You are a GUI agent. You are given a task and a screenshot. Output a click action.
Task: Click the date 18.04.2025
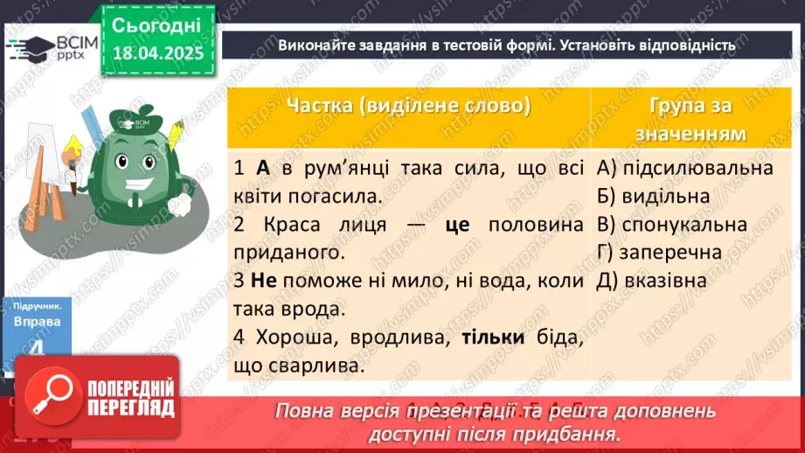pyautogui.click(x=156, y=53)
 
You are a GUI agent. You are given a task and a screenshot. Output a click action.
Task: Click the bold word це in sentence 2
pyautogui.click(x=457, y=225)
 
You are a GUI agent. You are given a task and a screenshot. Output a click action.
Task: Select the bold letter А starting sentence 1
pyautogui.click(x=264, y=167)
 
